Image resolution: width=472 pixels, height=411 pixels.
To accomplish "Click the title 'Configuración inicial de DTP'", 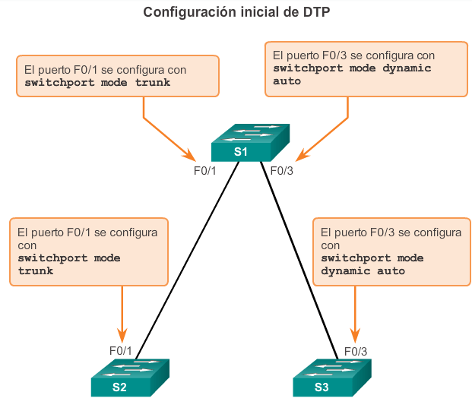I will tap(236, 12).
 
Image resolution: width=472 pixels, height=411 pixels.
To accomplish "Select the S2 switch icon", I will tap(130, 377).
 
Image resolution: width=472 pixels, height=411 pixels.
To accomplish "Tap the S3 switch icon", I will tap(332, 377).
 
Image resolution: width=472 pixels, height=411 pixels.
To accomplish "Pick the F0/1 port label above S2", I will tap(121, 351).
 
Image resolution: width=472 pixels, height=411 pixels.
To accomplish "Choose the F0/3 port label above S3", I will tap(355, 351).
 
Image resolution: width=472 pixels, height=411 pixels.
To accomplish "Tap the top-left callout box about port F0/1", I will tap(118, 75).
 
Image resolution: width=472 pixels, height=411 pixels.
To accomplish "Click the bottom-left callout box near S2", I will tap(89, 252).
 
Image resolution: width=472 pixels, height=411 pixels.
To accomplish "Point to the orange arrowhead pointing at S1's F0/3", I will tap(299, 156).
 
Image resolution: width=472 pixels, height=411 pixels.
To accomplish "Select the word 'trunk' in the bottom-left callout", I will tap(35, 270).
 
